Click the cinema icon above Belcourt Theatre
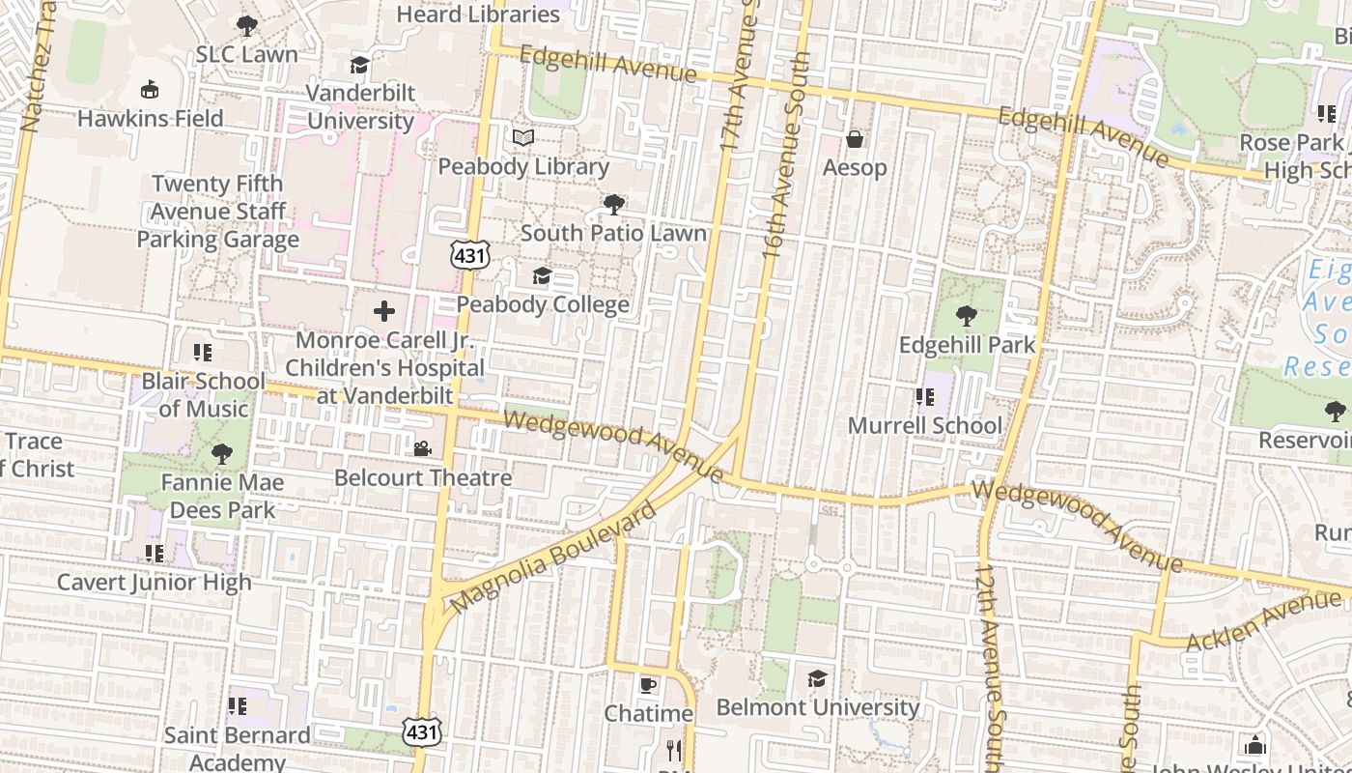pos(422,448)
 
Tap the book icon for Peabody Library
pos(523,138)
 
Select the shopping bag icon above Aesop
pos(855,140)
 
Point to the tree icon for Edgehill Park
pos(966,316)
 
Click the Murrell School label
pos(924,425)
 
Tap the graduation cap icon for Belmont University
pos(817,678)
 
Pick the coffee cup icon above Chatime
pos(648,685)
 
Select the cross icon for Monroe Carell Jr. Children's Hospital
pos(384,311)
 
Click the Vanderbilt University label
pos(360,107)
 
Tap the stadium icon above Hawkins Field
pos(150,90)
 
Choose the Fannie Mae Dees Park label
pos(222,496)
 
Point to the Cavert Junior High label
pos(155,582)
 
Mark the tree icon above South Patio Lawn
pos(613,204)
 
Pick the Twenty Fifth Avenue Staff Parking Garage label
pos(217,212)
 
